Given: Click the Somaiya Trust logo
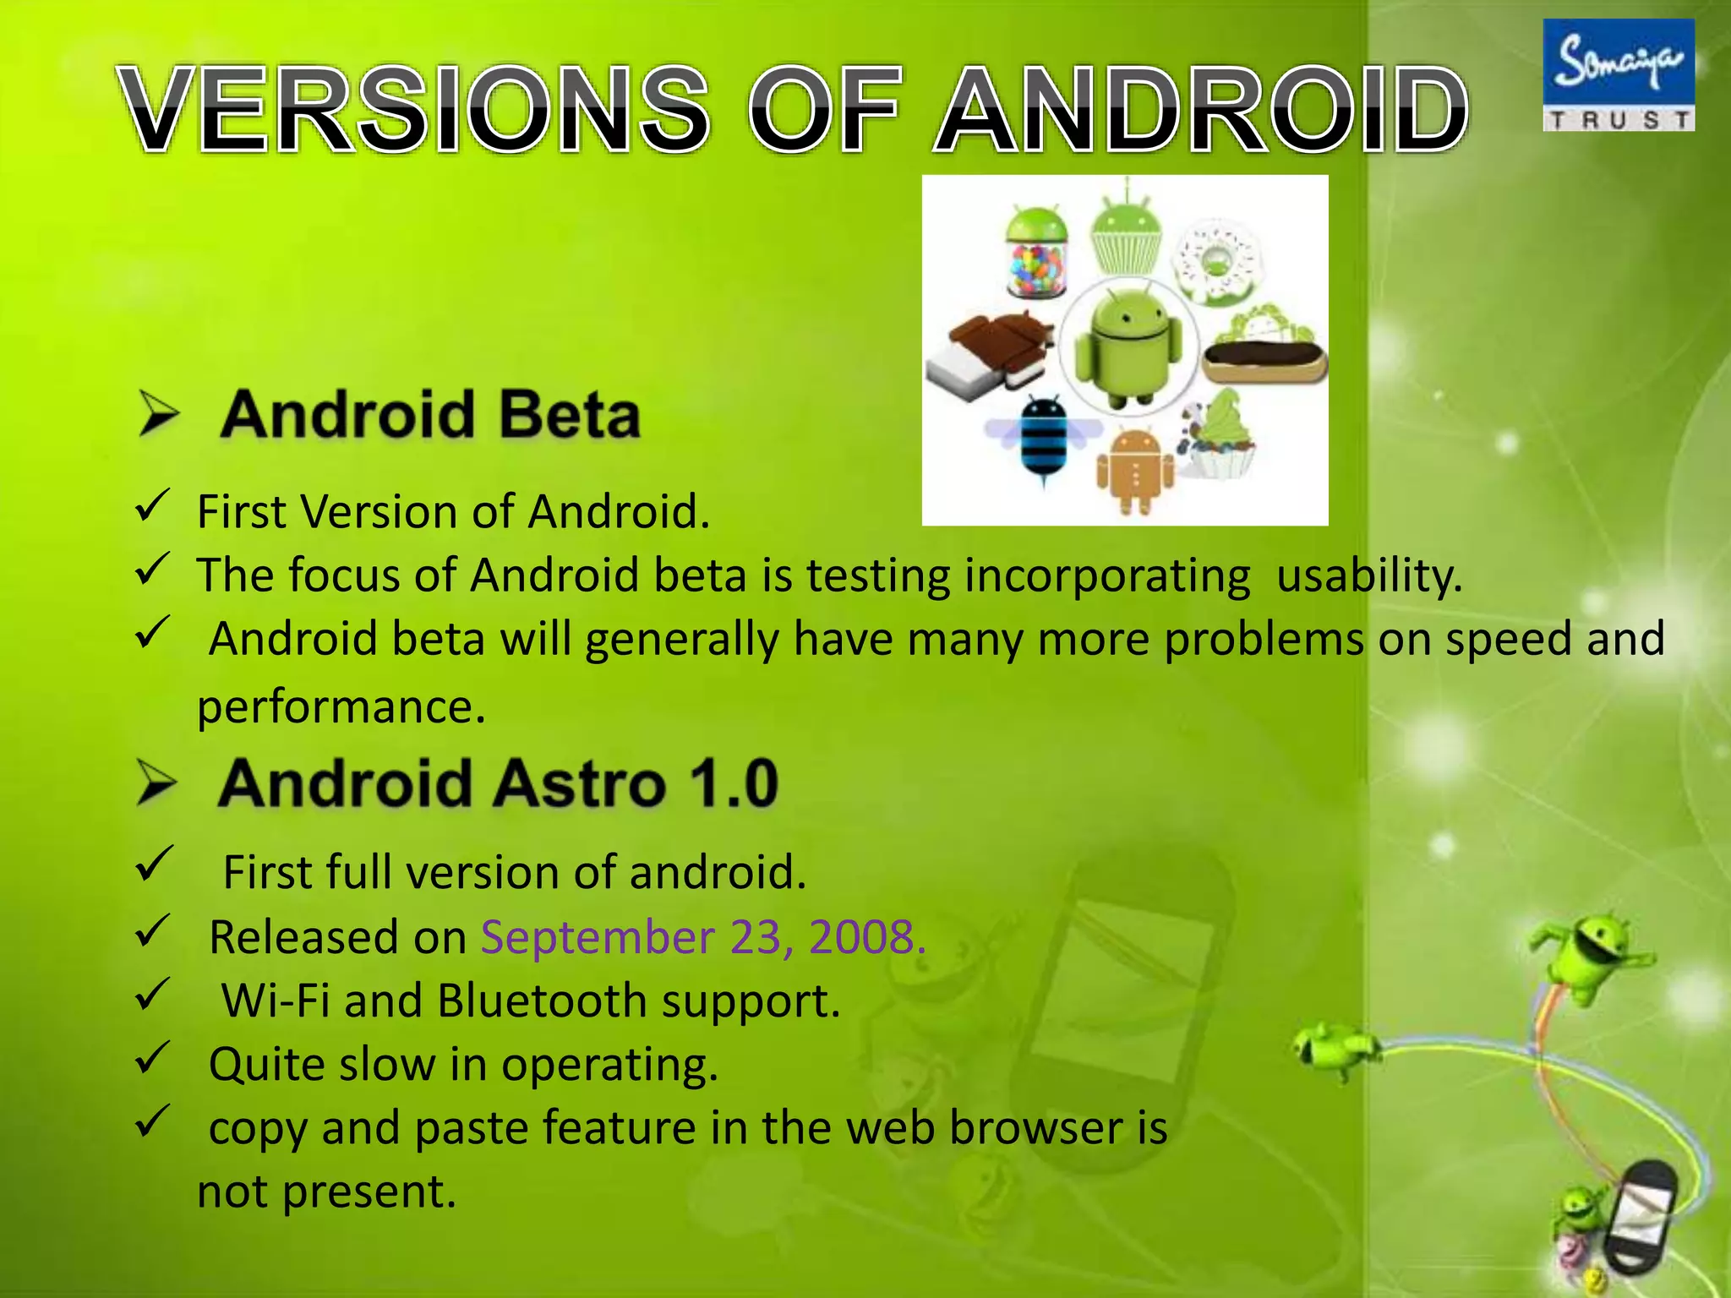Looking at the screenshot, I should click(1618, 75).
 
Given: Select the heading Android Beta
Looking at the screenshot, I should click(430, 415).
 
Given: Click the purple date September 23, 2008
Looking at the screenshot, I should click(703, 936).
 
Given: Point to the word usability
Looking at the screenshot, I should click(1368, 575).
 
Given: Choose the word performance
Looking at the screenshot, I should click(341, 706).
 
